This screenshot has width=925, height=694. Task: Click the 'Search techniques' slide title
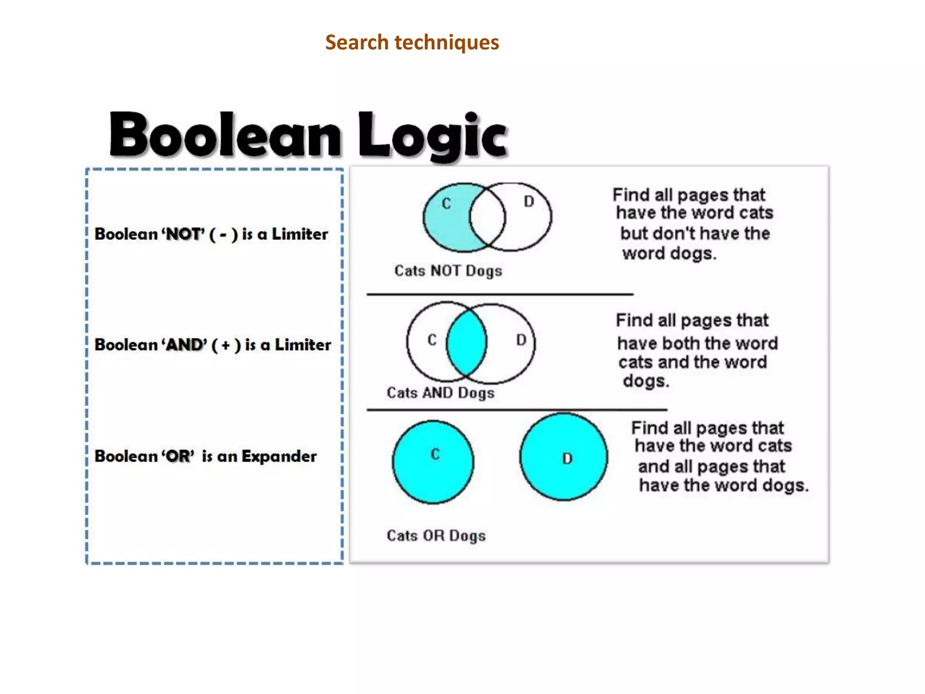pos(412,42)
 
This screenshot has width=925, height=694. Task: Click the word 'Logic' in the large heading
pos(433,136)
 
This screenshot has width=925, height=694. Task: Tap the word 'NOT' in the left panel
pos(184,234)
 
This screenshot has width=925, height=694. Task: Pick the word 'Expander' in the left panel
pos(279,456)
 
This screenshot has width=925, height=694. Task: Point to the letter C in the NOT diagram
pos(446,204)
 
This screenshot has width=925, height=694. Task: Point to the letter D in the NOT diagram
pos(529,202)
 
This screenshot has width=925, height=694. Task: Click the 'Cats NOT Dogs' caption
pos(448,271)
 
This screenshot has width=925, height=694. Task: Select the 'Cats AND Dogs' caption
pos(440,393)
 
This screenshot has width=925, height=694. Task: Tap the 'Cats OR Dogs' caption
pos(436,535)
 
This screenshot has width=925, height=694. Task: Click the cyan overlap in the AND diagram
pos(467,342)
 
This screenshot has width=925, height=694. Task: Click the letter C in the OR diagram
pos(435,454)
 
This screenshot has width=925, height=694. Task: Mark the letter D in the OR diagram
pos(567,459)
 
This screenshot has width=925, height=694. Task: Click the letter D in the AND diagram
pos(521,340)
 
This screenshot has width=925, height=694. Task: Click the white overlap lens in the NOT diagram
pos(487,217)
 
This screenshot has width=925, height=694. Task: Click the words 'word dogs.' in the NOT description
pos(669,253)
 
